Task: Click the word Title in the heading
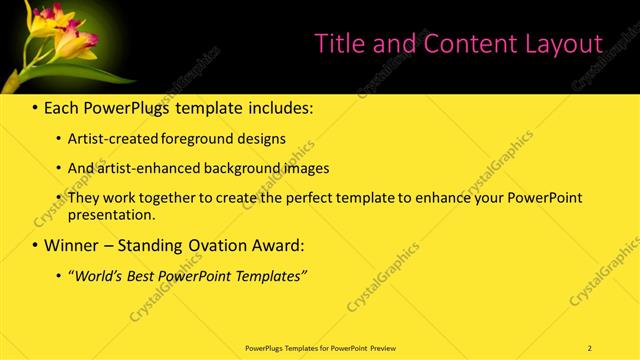338,44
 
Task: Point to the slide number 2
590,347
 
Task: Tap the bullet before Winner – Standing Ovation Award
36,245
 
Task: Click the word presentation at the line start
111,214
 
